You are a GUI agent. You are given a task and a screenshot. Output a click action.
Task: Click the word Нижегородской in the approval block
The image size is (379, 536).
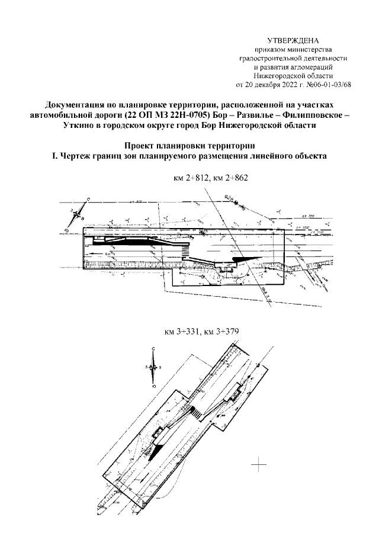pos(279,75)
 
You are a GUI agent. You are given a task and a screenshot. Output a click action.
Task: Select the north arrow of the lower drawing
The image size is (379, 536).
pos(153,367)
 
